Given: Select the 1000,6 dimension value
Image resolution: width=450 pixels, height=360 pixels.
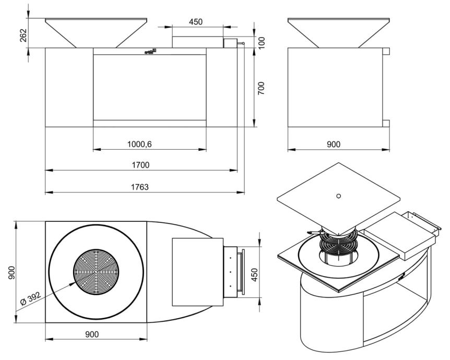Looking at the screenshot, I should (x=140, y=144).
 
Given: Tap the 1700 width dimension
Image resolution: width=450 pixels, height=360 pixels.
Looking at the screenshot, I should (x=141, y=165).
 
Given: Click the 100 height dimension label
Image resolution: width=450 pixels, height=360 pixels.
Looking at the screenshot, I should (x=262, y=42).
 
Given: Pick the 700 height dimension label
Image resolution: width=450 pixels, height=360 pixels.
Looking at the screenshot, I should (x=262, y=88).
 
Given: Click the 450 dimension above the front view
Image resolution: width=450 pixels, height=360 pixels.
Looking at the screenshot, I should (x=196, y=22).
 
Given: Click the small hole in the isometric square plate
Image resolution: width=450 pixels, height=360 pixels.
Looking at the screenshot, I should (x=339, y=196).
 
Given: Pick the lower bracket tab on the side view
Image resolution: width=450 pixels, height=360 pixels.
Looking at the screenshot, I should (x=386, y=123).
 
